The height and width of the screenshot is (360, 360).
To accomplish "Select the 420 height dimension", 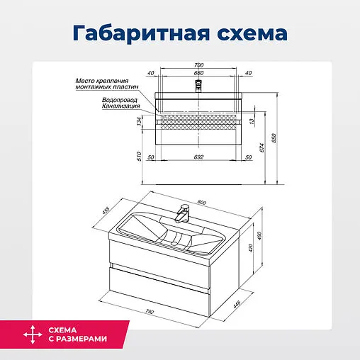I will click(250, 249).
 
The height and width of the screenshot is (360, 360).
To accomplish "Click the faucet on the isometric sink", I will click(183, 212).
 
